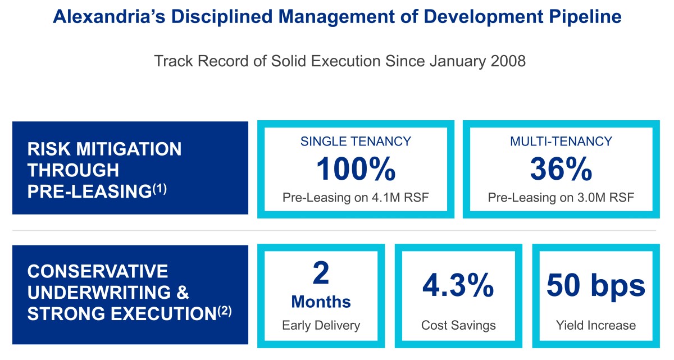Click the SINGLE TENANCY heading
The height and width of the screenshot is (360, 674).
pos(356,141)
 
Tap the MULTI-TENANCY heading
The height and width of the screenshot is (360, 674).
pos(561,141)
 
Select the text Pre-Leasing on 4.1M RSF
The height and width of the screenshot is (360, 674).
pos(356,198)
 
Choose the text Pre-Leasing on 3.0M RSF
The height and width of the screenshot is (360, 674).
pos(561,198)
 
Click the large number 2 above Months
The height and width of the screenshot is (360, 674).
pos(321,273)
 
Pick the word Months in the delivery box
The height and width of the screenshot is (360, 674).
pos(321,302)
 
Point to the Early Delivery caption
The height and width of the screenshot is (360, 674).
pos(321,325)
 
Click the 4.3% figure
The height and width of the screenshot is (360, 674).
pos(458,286)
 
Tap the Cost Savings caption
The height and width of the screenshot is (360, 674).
pos(458,325)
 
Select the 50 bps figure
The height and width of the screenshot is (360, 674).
pos(595,286)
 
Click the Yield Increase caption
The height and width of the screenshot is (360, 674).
pos(595,325)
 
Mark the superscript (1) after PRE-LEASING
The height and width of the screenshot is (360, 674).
pos(160,189)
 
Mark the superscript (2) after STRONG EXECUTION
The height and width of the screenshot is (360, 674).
pos(224,311)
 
